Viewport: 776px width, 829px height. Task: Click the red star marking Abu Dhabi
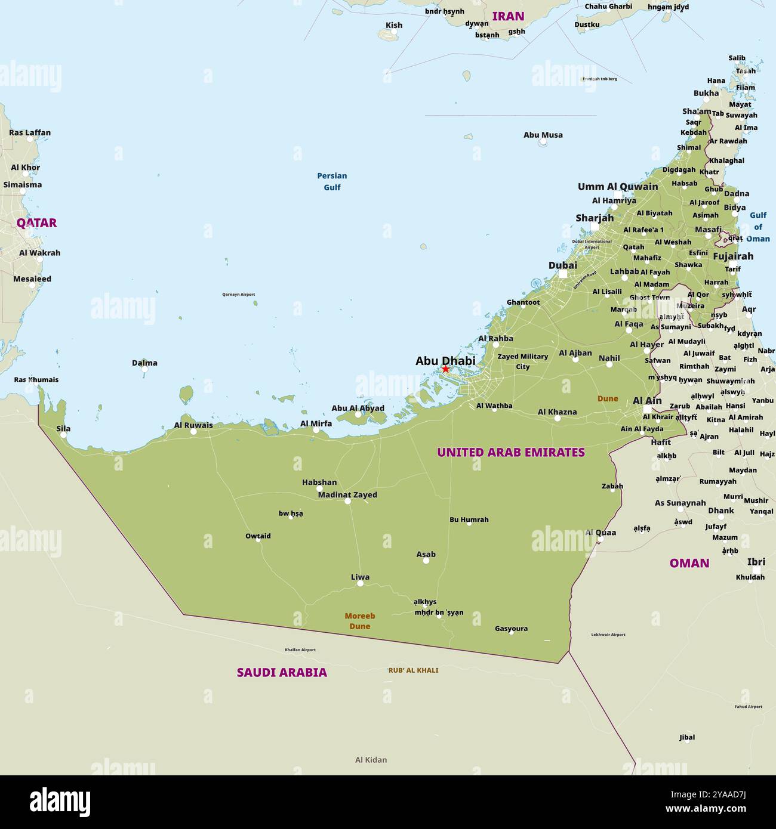point(445,369)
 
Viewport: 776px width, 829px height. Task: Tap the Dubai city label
point(562,265)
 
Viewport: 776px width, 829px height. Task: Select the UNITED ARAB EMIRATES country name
point(510,453)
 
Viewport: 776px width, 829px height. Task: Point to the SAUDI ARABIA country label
point(282,673)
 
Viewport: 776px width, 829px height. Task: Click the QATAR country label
point(36,223)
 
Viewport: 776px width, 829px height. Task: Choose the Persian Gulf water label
point(332,181)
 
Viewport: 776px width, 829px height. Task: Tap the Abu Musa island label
point(543,135)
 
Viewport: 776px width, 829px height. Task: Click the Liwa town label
point(360,577)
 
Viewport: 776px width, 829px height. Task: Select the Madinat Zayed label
point(347,494)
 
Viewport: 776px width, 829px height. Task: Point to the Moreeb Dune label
point(360,621)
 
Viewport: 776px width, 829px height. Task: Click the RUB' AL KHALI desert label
point(413,670)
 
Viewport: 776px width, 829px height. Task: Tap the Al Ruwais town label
point(193,425)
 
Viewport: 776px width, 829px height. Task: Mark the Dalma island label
point(144,363)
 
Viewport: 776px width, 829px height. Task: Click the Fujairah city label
point(732,256)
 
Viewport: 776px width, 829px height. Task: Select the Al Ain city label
point(646,401)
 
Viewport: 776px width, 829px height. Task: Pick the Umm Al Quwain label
point(617,187)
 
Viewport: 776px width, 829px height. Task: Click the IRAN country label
point(508,16)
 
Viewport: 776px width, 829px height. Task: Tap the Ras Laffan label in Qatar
point(30,132)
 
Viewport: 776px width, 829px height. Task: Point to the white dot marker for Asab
point(426,561)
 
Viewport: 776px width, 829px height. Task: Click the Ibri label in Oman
point(756,562)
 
